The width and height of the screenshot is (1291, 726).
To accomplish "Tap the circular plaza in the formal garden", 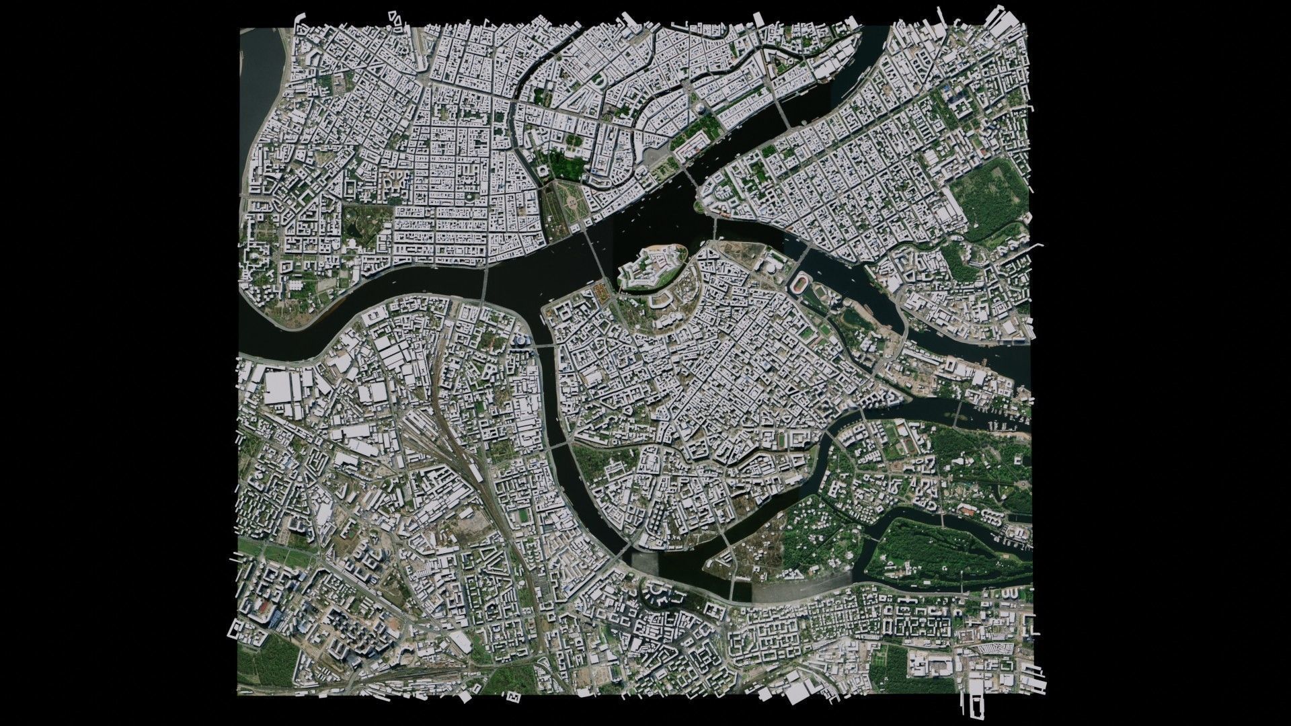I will [x=570, y=202].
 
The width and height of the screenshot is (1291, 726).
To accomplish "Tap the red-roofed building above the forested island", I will [x=968, y=512].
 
